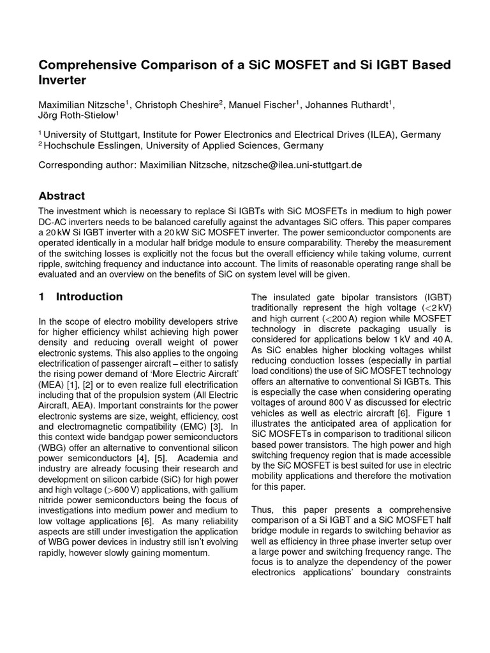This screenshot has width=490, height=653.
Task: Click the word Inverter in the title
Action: pyautogui.click(x=62, y=81)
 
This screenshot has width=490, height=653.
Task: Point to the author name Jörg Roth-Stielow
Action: pyautogui.click(x=77, y=116)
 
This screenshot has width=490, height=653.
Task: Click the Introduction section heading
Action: pyautogui.click(x=89, y=297)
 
